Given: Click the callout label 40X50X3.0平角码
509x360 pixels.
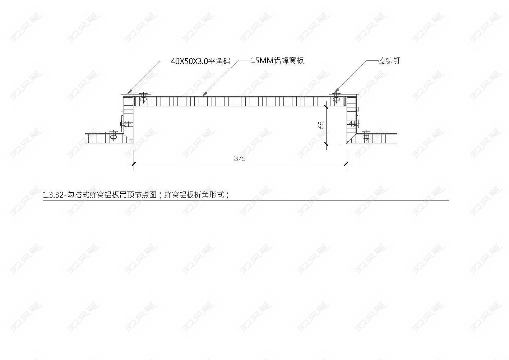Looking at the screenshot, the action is click(x=200, y=61).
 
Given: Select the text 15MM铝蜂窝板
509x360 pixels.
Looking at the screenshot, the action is click(x=277, y=60).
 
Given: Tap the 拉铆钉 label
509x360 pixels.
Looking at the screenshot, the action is click(x=389, y=61).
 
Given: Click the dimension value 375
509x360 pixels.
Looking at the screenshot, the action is click(x=240, y=158).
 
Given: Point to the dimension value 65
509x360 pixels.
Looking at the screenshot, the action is click(x=321, y=125).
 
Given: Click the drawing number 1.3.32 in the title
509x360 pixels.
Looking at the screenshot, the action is click(x=53, y=195).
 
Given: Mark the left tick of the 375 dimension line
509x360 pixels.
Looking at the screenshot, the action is click(x=134, y=163).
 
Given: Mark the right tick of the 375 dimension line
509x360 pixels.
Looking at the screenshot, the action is click(x=346, y=163).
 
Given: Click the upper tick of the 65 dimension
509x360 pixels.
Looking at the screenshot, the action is click(x=326, y=107).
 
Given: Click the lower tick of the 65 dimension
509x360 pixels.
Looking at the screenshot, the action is click(x=326, y=144).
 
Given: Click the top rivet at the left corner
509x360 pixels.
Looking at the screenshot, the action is click(x=143, y=97).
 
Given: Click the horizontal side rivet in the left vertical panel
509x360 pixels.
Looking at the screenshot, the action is click(x=125, y=124).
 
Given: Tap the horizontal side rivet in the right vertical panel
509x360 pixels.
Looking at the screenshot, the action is click(x=354, y=124).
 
